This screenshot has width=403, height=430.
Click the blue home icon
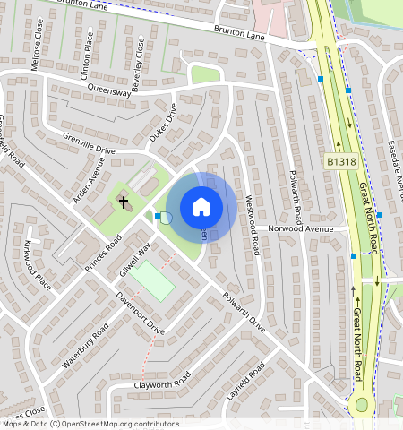coord(201,207)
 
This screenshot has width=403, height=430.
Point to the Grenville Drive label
coord(90,143)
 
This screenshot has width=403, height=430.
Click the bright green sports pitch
coord(151,281)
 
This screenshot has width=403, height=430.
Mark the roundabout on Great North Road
coord(362,404)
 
